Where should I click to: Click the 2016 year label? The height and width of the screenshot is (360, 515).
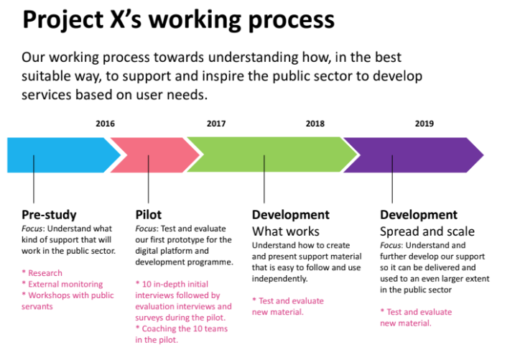click(x=105, y=124)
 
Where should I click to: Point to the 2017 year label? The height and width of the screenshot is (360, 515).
click(x=216, y=124)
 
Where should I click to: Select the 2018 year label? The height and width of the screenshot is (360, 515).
click(x=315, y=124)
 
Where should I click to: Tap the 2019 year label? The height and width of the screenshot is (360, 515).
click(x=424, y=124)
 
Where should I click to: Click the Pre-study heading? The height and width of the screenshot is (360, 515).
click(x=49, y=215)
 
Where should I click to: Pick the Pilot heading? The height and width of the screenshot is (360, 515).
click(x=149, y=215)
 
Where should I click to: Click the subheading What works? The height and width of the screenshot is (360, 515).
click(x=286, y=231)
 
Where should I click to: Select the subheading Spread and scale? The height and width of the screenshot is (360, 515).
click(x=427, y=231)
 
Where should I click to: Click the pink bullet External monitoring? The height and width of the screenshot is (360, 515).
click(x=62, y=284)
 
